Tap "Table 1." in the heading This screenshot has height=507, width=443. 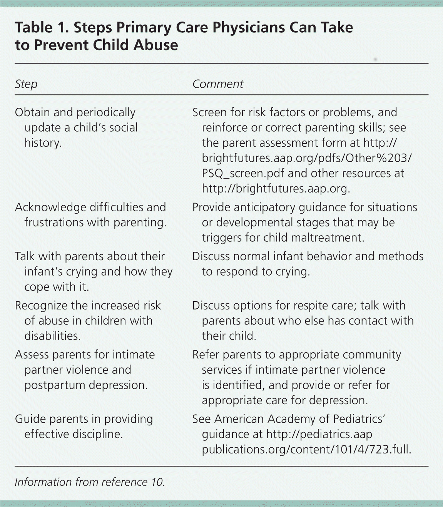pyautogui.click(x=41, y=28)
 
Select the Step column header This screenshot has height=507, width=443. pyautogui.click(x=26, y=84)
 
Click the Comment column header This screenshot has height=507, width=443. pyautogui.click(x=218, y=84)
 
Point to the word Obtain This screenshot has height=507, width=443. pyautogui.click(x=33, y=112)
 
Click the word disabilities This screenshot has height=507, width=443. pyautogui.click(x=52, y=336)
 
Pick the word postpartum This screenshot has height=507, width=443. pyautogui.click(x=54, y=385)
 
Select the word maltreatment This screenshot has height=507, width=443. pyautogui.click(x=328, y=238)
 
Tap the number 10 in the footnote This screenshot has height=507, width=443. pyautogui.click(x=157, y=482)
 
